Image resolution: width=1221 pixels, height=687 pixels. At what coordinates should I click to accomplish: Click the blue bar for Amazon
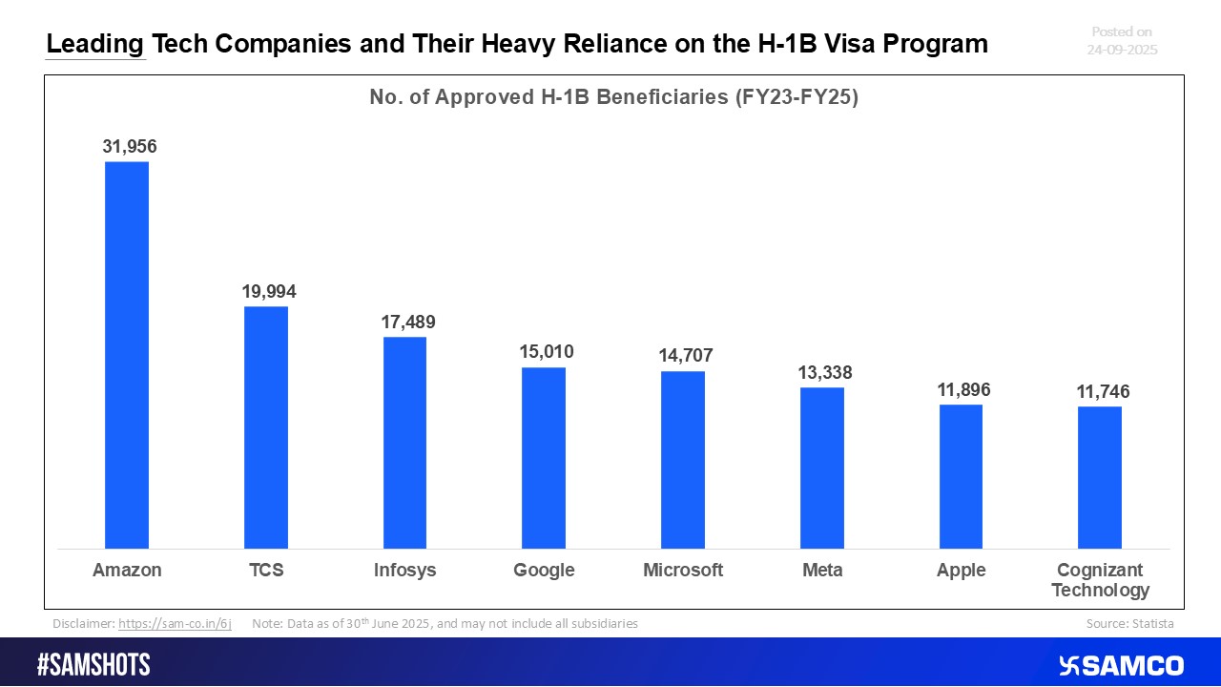127,355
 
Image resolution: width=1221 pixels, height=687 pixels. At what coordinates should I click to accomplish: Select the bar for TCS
266,427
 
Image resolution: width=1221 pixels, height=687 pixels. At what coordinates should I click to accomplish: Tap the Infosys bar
404,443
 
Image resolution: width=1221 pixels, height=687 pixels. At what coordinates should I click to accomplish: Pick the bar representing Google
544,458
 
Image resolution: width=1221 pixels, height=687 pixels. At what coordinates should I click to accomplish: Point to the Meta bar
821,468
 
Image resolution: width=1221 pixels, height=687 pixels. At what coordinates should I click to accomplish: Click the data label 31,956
130,147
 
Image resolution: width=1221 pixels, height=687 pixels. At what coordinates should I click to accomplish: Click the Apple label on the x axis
961,571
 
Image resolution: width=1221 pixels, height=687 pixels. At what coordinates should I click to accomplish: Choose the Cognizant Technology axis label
1100,580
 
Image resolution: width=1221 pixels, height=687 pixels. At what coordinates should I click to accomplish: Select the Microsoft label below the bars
683,571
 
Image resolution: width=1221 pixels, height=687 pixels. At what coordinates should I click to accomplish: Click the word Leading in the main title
95,44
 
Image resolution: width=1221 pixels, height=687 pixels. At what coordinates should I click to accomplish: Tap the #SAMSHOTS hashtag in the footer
93,665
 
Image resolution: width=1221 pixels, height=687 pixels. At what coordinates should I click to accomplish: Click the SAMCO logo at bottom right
1121,665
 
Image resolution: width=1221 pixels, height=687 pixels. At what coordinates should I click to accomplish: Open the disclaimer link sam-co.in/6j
175,624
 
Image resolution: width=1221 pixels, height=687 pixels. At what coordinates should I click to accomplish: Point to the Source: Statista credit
1129,624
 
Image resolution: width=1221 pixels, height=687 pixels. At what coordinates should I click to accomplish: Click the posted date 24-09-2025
1122,50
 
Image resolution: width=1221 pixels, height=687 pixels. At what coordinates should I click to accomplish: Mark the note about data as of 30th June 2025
445,624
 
